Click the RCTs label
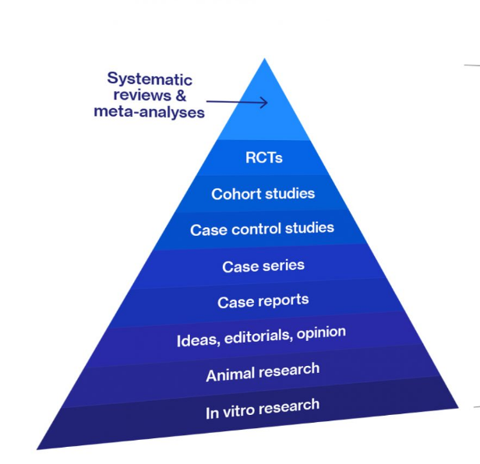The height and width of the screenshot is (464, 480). click(264, 158)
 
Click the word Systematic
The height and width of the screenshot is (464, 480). click(150, 79)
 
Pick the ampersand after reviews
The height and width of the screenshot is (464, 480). click(181, 95)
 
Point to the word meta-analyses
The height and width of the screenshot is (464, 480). click(149, 111)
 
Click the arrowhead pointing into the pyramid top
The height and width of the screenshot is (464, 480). click(264, 103)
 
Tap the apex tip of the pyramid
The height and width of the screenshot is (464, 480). click(264, 58)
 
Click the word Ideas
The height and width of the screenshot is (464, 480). click(198, 340)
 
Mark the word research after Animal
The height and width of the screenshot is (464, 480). click(290, 371)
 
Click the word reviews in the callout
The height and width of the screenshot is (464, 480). click(143, 95)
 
